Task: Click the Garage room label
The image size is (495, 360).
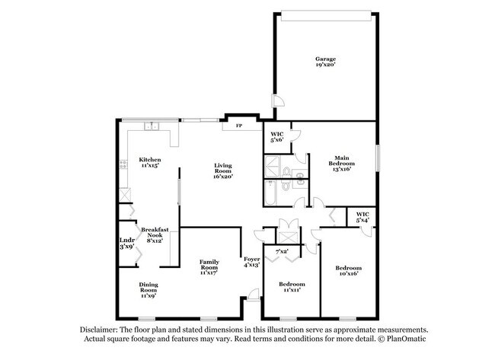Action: (325, 62)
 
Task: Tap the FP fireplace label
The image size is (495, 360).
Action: (239, 126)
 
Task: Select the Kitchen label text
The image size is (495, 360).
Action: (150, 162)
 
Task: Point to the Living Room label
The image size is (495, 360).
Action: (223, 171)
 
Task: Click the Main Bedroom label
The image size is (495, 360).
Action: (342, 163)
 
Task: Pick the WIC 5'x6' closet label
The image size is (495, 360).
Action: (277, 137)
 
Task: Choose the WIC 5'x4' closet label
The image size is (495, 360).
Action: (362, 217)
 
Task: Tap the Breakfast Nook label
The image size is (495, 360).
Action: (155, 235)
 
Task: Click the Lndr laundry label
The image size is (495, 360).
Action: (127, 244)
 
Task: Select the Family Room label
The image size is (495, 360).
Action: (209, 267)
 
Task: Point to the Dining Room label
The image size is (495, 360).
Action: (148, 290)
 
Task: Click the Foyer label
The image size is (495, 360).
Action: (252, 262)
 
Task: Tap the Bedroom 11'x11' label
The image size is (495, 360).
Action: (292, 287)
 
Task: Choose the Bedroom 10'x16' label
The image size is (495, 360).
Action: (349, 271)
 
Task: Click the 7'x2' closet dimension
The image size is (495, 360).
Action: (282, 251)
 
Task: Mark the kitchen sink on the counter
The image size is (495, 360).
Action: (152, 126)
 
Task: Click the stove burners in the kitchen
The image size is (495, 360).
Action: (123, 164)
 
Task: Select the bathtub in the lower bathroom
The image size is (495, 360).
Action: (270, 193)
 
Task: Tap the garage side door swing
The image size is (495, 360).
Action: (278, 100)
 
